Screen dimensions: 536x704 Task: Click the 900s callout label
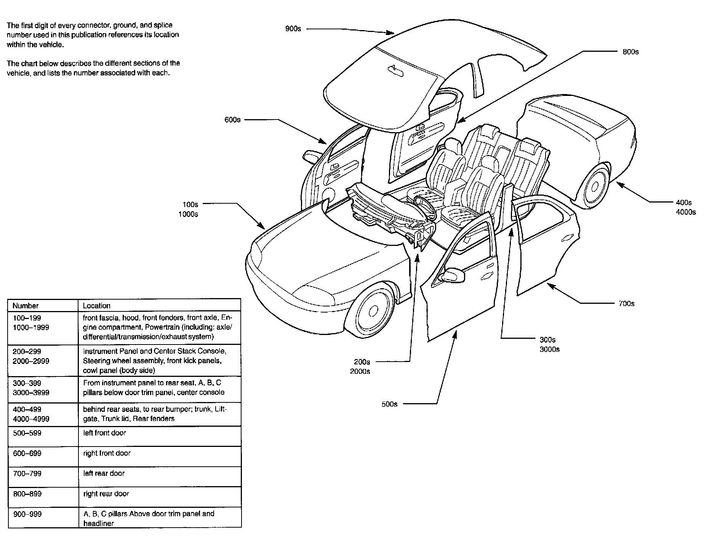tap(293, 29)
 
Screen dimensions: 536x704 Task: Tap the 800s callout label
tap(630, 52)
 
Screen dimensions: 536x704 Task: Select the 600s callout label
tap(232, 120)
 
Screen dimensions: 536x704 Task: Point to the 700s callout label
tap(627, 303)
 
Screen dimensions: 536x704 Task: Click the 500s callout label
tap(389, 404)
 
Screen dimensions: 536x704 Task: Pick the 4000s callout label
tap(686, 212)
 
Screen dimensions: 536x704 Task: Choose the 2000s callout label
tap(360, 371)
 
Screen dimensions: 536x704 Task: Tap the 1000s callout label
tap(188, 214)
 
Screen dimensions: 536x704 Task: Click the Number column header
tap(26, 306)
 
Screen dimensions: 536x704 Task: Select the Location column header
tap(97, 306)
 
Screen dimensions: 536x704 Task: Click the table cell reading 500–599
tap(27, 433)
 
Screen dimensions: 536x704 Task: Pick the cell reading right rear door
tap(106, 494)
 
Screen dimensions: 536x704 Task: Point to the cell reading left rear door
tap(104, 473)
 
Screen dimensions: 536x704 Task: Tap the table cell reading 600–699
tap(27, 453)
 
